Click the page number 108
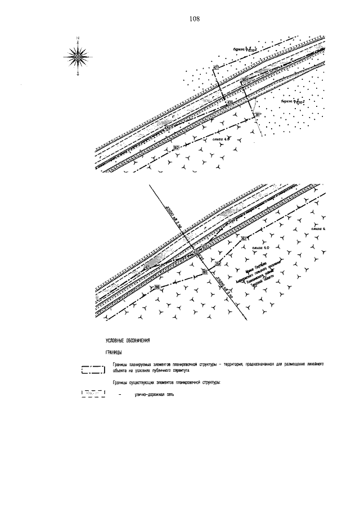[195, 19]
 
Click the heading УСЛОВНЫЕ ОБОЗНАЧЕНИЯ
[127, 341]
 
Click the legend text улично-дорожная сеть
[154, 394]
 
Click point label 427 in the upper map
[215, 68]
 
